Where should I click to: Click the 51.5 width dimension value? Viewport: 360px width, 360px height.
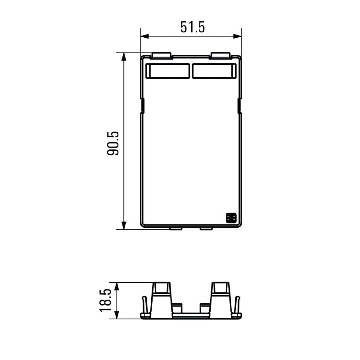192,27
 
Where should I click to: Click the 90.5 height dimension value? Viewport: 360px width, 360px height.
112,144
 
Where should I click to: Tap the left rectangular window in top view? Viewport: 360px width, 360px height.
168,71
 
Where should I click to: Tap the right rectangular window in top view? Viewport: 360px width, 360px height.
214,71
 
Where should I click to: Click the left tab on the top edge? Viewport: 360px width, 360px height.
162,55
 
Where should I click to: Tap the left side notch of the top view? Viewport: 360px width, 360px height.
143,107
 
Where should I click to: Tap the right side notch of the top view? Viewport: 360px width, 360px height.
239,107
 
